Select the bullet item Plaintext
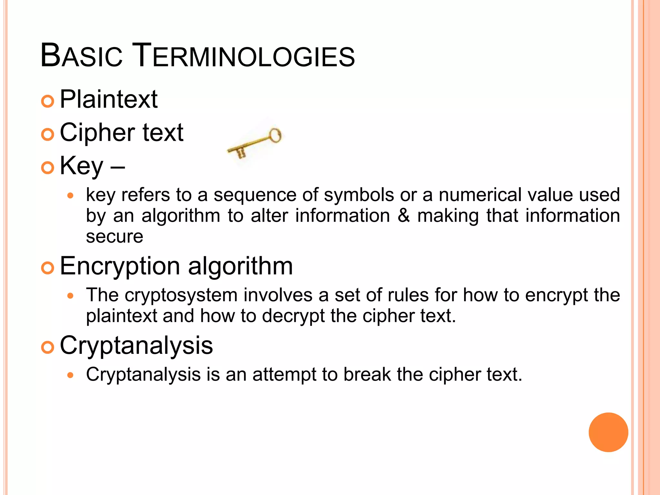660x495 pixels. pyautogui.click(x=109, y=99)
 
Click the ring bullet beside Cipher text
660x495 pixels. pyautogui.click(x=48, y=134)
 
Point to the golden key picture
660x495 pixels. pyautogui.click(x=254, y=143)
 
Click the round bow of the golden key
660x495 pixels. pyautogui.click(x=275, y=135)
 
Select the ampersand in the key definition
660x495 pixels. pyautogui.click(x=403, y=216)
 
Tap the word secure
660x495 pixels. pyautogui.click(x=114, y=237)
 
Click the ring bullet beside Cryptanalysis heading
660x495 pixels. pyautogui.click(x=48, y=347)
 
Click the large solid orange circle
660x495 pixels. pyautogui.click(x=608, y=432)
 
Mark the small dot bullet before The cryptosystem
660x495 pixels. pyautogui.click(x=71, y=296)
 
